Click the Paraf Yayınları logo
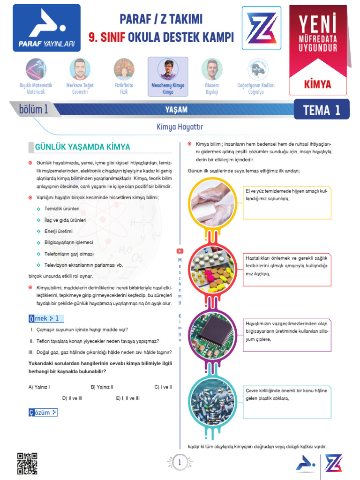pyautogui.click(x=46, y=28)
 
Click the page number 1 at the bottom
pyautogui.click(x=180, y=463)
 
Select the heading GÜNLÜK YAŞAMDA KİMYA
pyautogui.click(x=82, y=147)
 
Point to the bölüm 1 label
pyautogui.click(x=33, y=110)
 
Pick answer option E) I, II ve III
pyautogui.click(x=127, y=398)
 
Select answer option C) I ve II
pyautogui.click(x=163, y=387)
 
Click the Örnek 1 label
pyautogui.click(x=45, y=319)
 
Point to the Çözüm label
pyautogui.click(x=43, y=412)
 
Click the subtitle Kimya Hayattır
pyautogui.click(x=180, y=127)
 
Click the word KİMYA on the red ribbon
pyautogui.click(x=317, y=84)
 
